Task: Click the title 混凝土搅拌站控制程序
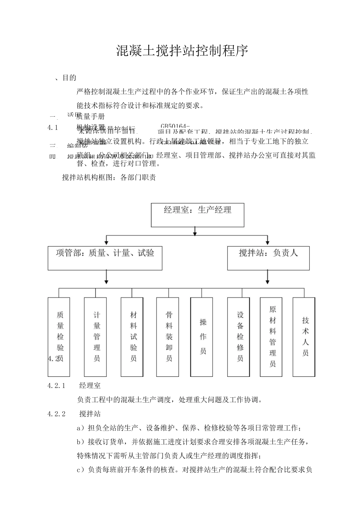coord(182,51)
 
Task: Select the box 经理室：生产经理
coord(197,215)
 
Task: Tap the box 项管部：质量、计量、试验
coord(105,258)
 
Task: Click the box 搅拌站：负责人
coord(268,258)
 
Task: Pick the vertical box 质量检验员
coord(59,337)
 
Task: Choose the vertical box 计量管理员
coord(95,337)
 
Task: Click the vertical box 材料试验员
coord(132,337)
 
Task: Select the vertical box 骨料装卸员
coord(168,337)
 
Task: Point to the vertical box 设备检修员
coord(239,337)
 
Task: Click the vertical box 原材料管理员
coord(271,337)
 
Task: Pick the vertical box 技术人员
coord(304,337)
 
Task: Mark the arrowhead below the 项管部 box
coord(106,282)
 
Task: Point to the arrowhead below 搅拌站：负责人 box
coord(268,282)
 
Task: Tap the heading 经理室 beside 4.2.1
coord(90,386)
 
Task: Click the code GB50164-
coord(175,126)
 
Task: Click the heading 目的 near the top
coord(69,78)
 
